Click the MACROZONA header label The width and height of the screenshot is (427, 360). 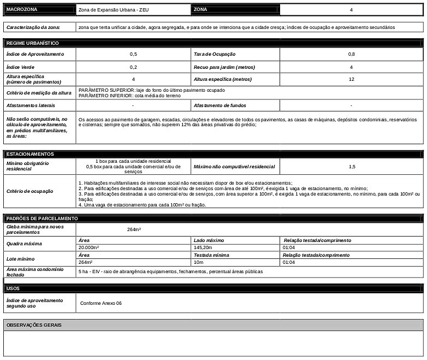pyautogui.click(x=22, y=10)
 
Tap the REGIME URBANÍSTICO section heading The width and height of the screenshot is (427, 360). pyautogui.click(x=32, y=43)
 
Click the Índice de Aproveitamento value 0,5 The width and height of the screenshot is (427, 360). pyautogui.click(x=133, y=54)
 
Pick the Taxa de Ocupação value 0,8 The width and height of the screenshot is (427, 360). pyautogui.click(x=351, y=54)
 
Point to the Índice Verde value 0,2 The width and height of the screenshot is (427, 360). pyautogui.click(x=133, y=67)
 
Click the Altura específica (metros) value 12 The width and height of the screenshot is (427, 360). pyautogui.click(x=351, y=79)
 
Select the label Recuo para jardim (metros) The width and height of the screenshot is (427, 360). pyautogui.click(x=224, y=67)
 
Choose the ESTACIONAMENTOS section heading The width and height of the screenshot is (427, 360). pyautogui.click(x=30, y=154)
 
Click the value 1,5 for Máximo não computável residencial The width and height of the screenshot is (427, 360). pyautogui.click(x=351, y=166)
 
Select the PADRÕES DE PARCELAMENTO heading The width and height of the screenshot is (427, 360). pyautogui.click(x=41, y=219)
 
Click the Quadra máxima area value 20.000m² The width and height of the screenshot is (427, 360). pyautogui.click(x=89, y=247)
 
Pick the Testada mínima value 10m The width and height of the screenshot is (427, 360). pyautogui.click(x=198, y=262)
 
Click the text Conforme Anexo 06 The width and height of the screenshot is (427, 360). pyautogui.click(x=101, y=303)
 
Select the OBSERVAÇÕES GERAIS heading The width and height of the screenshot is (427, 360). pyautogui.click(x=34, y=325)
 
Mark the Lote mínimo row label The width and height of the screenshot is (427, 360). pyautogui.click(x=20, y=259)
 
